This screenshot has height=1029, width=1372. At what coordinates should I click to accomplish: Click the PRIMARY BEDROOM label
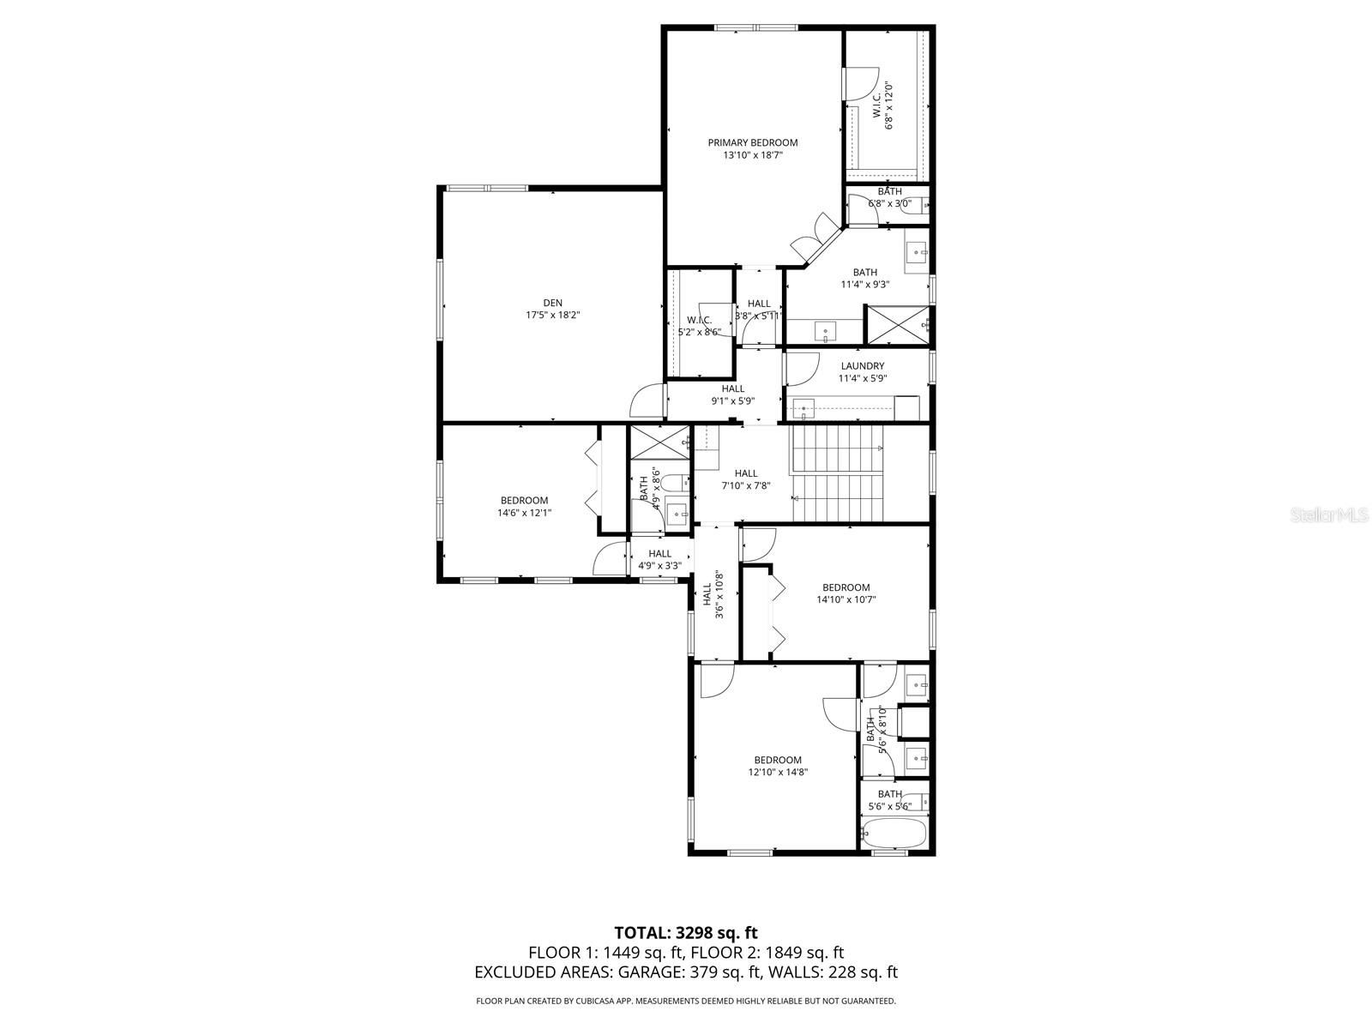752,142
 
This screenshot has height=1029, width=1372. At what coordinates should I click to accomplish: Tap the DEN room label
552,303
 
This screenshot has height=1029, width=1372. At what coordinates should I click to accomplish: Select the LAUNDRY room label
862,366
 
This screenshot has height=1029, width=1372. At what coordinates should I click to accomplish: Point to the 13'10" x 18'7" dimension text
752,155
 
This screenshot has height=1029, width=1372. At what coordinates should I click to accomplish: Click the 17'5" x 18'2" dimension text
552,315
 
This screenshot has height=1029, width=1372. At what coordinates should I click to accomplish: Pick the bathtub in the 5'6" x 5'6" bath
894,832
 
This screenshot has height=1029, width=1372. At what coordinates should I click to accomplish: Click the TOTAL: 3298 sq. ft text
686,932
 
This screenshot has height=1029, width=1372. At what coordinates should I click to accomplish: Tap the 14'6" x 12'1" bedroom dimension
524,513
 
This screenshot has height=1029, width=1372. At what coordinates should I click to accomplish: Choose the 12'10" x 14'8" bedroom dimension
778,772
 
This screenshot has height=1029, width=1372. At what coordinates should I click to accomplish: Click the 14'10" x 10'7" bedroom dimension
845,600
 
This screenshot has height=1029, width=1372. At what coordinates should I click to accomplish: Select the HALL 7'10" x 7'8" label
745,479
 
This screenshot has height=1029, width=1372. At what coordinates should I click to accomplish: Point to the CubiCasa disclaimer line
686,1001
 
